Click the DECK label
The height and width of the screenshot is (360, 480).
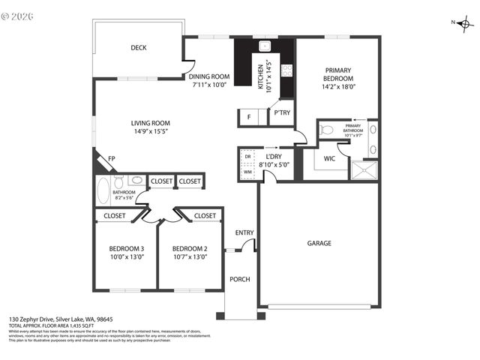(x=139, y=48)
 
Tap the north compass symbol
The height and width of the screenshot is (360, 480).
(x=466, y=24)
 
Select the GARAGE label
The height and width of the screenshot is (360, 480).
(x=319, y=243)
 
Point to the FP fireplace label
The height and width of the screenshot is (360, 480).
(x=111, y=159)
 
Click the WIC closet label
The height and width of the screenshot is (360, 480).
(x=329, y=159)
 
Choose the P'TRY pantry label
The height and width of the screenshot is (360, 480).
(x=282, y=113)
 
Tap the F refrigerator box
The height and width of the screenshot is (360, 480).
(x=248, y=117)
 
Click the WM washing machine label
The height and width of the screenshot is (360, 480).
(x=247, y=172)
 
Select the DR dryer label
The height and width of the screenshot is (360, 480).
(x=247, y=157)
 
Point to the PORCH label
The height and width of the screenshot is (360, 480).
(x=240, y=280)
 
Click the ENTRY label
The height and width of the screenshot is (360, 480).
(x=244, y=232)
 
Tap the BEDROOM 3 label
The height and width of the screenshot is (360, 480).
(x=126, y=249)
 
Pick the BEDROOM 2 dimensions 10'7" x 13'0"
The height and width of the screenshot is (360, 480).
(x=189, y=257)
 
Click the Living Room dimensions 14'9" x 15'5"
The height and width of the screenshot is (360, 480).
(x=151, y=132)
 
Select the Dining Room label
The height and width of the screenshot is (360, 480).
(x=209, y=76)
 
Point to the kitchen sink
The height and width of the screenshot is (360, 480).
(x=265, y=45)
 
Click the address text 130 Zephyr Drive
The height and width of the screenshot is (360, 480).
(x=38, y=319)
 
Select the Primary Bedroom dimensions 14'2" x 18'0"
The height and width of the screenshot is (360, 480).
(x=337, y=87)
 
